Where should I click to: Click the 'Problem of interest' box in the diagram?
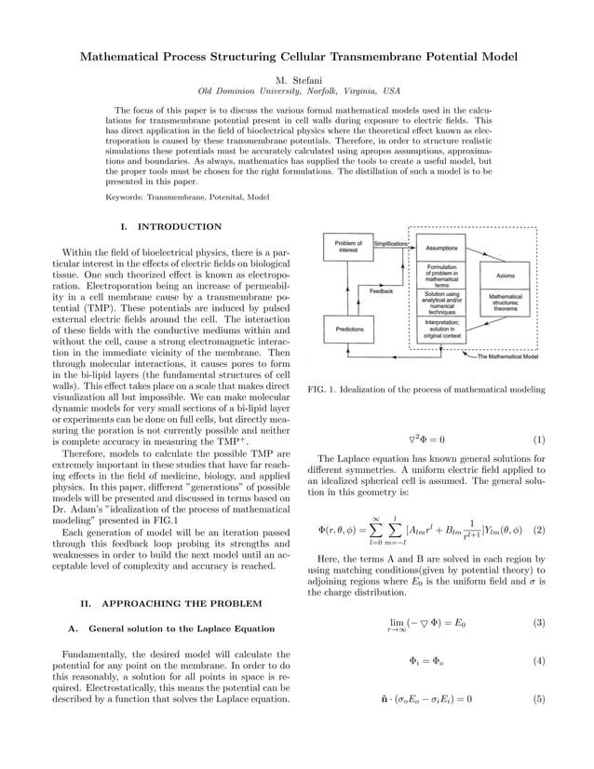pyautogui.click(x=348, y=247)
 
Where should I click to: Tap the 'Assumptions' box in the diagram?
pyautogui.click(x=441, y=249)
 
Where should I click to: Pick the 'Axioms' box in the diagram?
pyautogui.click(x=506, y=276)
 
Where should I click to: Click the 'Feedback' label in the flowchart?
pyautogui.click(x=381, y=290)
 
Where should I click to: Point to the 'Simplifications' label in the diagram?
pyautogui.click(x=391, y=243)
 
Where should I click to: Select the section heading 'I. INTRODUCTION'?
pyautogui.click(x=171, y=226)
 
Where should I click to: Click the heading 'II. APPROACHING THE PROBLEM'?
pyautogui.click(x=171, y=603)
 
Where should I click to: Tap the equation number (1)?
pyautogui.click(x=538, y=438)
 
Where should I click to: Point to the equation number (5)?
pyautogui.click(x=538, y=698)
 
